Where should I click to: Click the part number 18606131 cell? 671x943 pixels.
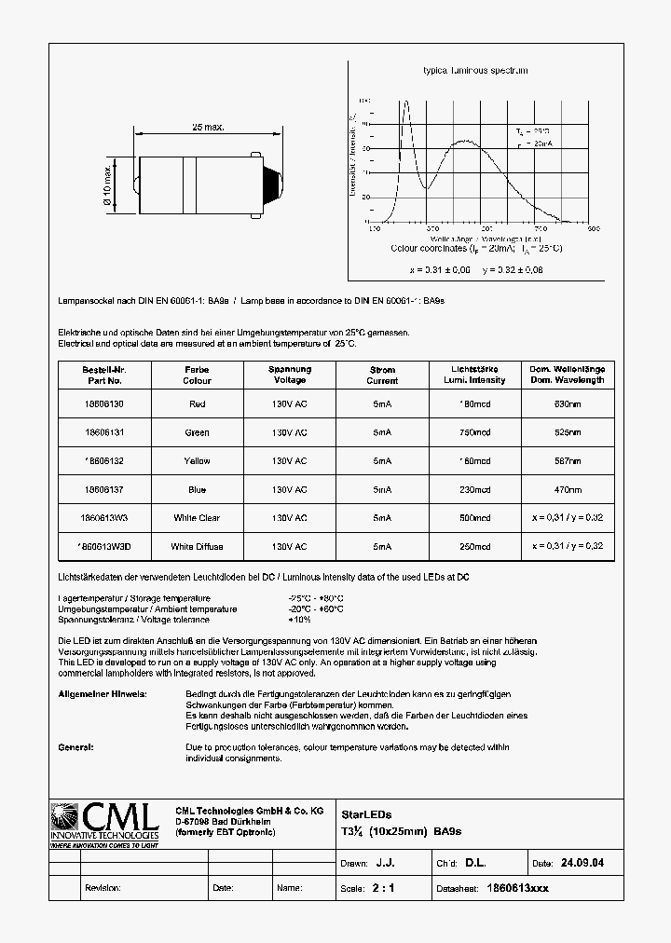coord(103,432)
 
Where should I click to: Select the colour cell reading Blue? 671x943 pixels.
coord(197,489)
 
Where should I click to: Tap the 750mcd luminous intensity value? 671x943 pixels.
coord(475,432)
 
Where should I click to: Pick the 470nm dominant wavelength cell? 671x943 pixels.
coord(568,489)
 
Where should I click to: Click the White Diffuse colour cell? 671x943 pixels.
coord(197,547)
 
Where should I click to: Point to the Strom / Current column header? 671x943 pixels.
coord(382,375)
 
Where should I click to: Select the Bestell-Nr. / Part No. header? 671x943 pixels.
coord(103,375)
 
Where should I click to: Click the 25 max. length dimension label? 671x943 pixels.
coord(208,127)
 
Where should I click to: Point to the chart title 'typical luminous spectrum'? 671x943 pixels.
coord(475,71)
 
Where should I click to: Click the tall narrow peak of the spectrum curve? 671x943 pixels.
coord(405,104)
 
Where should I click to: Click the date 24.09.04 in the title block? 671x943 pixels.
coord(582,864)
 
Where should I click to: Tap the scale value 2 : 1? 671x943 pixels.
coord(383,888)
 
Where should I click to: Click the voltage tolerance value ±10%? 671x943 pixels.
coord(300,620)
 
